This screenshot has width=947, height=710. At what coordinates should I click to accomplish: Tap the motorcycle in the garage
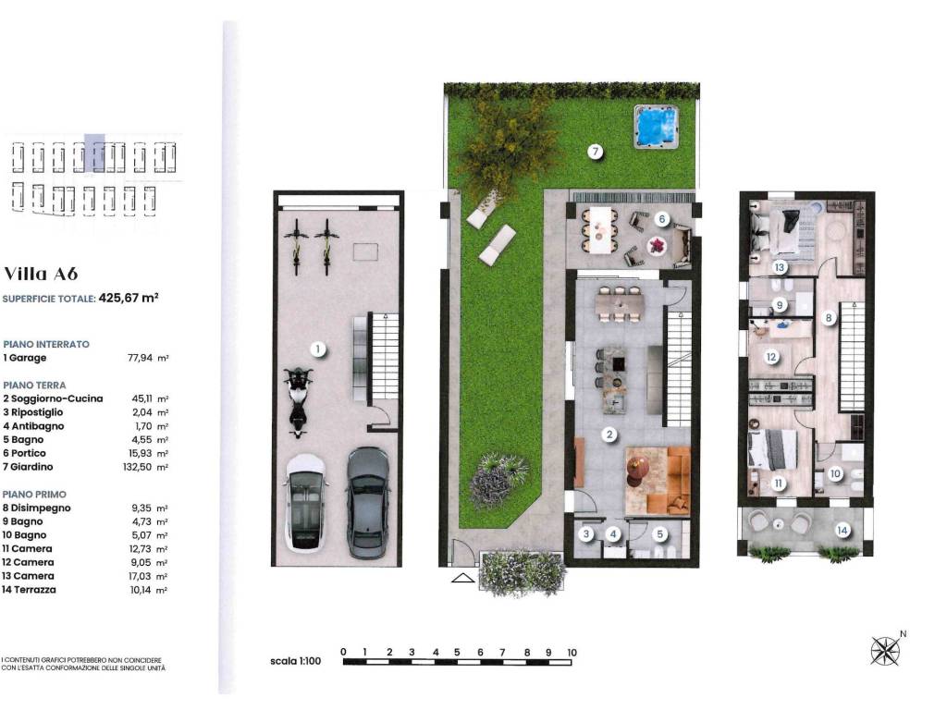click(298, 400)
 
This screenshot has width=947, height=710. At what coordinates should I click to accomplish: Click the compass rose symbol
click(885, 651)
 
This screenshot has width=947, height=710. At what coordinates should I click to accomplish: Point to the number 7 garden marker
click(596, 152)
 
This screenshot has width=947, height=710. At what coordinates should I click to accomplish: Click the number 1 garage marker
click(317, 349)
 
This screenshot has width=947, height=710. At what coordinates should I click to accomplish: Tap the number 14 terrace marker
click(842, 530)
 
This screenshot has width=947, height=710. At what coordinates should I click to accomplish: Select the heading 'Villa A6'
click(41, 274)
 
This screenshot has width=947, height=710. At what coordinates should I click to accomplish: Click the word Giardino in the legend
click(33, 467)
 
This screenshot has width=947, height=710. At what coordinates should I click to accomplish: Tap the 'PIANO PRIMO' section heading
click(34, 495)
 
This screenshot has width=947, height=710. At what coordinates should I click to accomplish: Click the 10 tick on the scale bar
click(572, 653)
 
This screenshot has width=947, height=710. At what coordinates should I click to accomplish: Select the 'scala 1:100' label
click(295, 662)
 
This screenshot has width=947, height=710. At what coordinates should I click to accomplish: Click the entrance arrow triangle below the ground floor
click(461, 580)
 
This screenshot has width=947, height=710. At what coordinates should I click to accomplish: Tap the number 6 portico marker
click(662, 219)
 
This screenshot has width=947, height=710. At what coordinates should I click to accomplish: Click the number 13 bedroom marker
click(780, 267)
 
